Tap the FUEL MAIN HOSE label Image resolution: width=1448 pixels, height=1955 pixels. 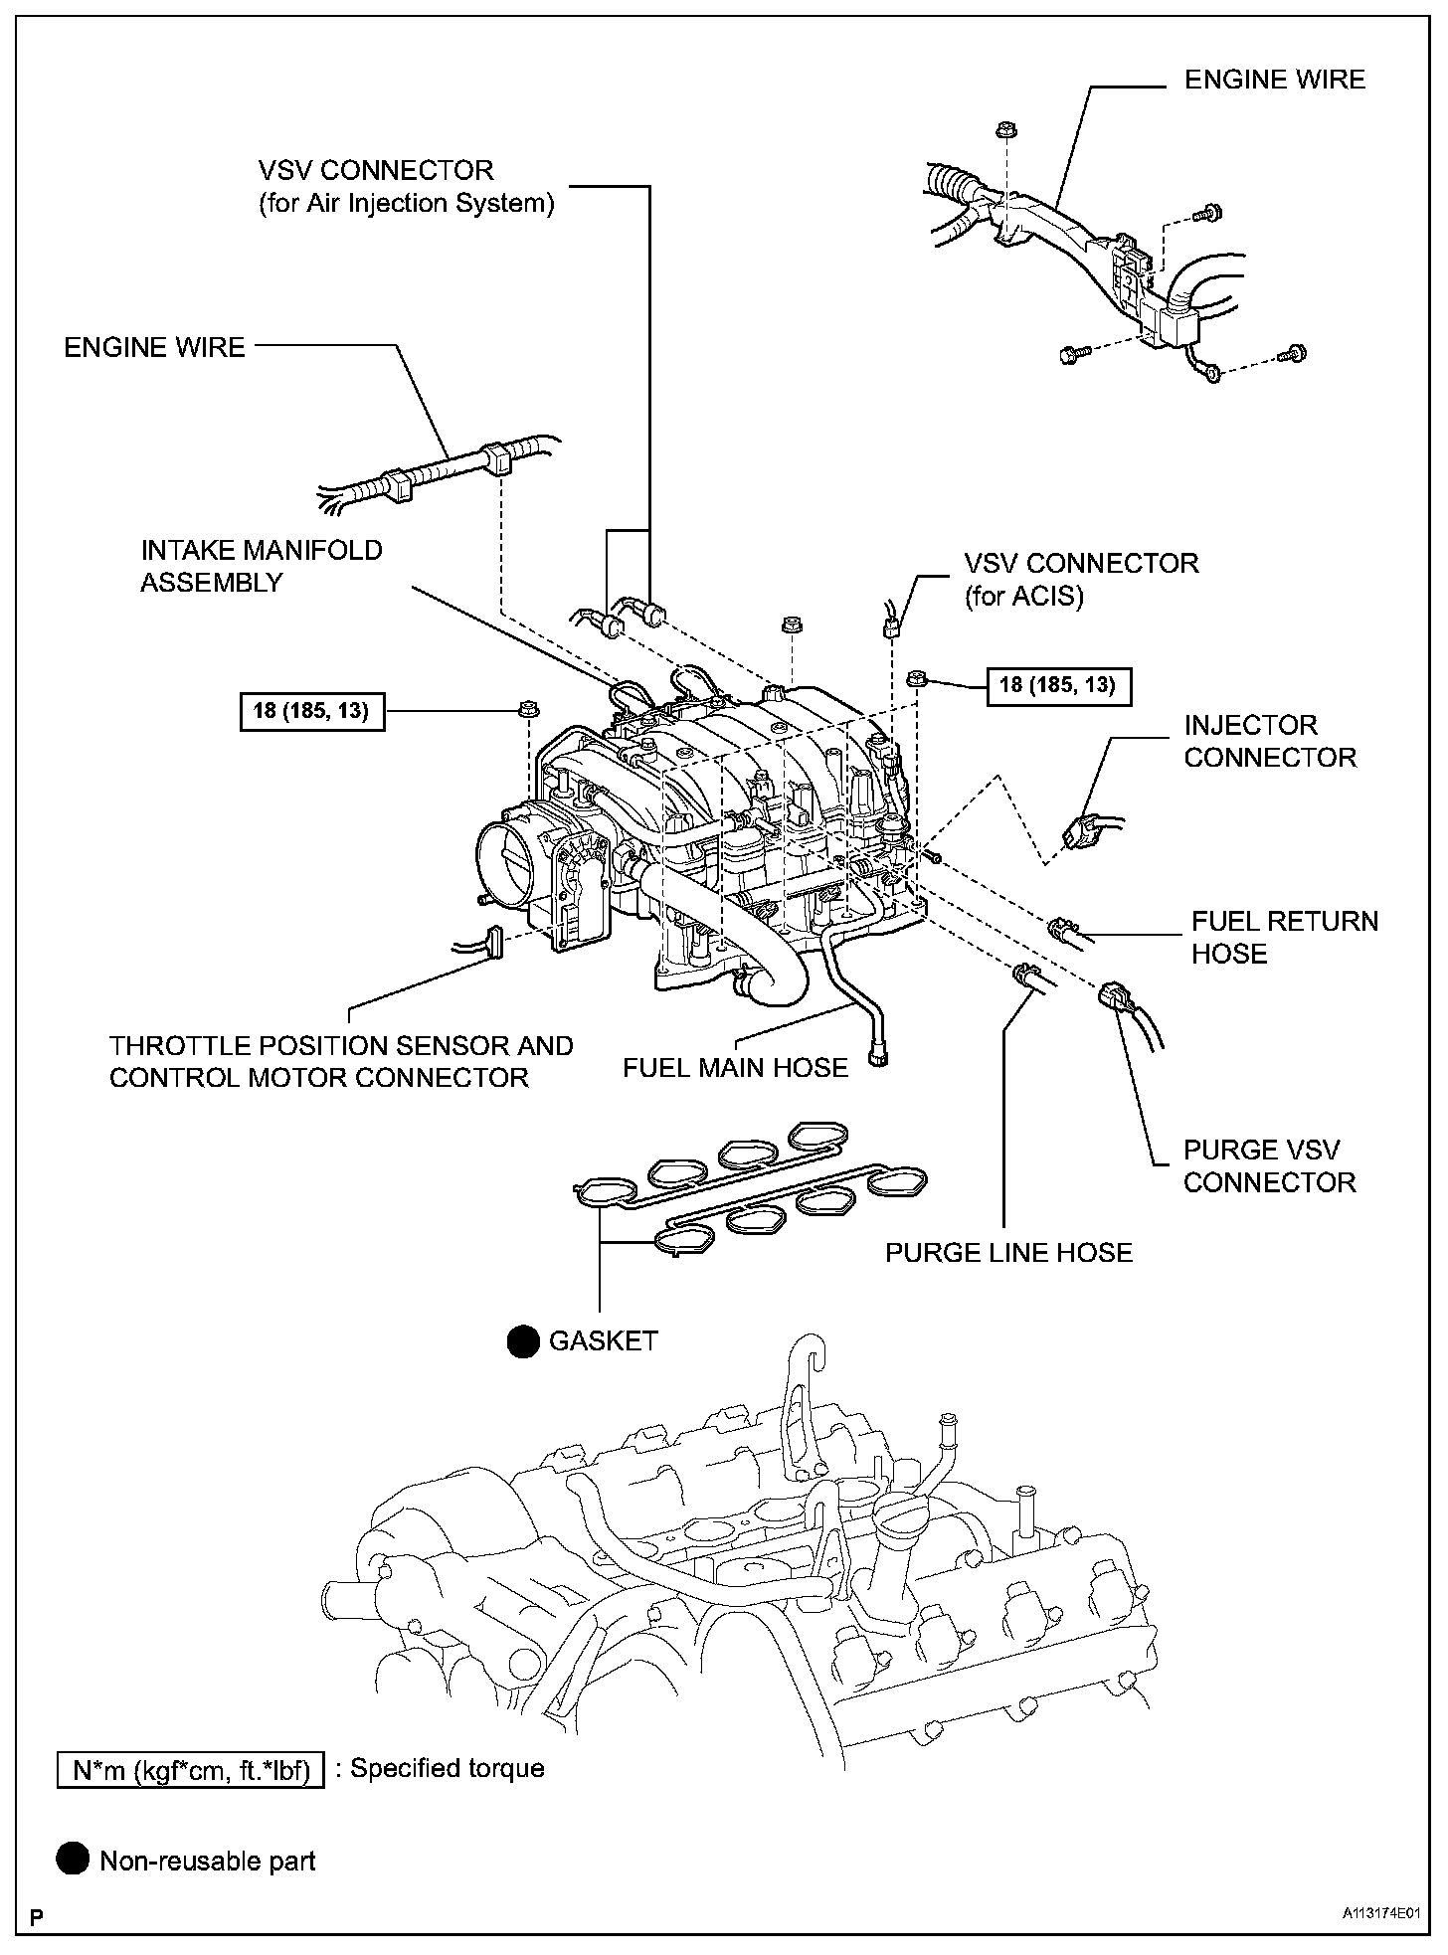pos(735,1068)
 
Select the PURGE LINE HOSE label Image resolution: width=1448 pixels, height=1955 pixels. pos(1008,1252)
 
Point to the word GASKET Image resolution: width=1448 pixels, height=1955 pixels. pos(603,1341)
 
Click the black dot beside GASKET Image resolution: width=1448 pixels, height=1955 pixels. pos(522,1342)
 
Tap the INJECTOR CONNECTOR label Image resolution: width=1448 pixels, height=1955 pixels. pos(1269,741)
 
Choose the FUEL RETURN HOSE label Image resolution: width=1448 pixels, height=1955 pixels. pos(1284,938)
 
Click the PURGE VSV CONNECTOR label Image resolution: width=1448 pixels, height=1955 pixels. pos(1269,1166)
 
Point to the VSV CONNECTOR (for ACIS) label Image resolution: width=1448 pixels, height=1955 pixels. pos(1080,579)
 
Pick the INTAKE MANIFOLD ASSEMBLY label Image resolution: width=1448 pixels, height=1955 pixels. pos(261,566)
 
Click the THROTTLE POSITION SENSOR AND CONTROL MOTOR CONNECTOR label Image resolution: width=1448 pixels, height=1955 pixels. pos(341,1062)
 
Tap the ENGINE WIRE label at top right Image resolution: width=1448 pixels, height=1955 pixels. pos(1274,80)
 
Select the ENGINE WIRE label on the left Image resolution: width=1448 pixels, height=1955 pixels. pos(154,347)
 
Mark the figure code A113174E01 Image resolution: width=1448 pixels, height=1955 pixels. pos(1379,1913)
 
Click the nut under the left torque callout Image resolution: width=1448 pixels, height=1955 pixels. pos(526,710)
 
